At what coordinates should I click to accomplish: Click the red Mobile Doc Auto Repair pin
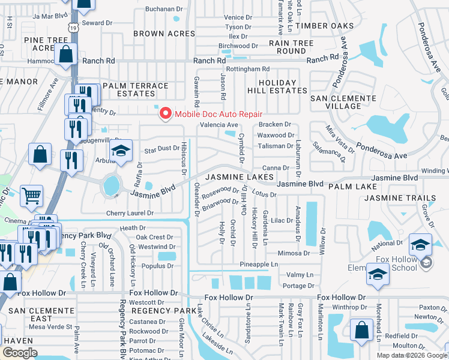(x=164, y=113)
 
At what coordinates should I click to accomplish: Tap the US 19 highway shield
(x=73, y=28)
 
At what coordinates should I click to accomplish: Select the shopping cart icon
(x=31, y=194)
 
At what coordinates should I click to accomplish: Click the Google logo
(x=19, y=353)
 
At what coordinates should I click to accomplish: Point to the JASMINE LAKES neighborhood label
(x=240, y=178)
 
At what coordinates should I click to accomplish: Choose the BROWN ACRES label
(x=164, y=34)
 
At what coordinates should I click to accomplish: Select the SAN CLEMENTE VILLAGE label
(x=343, y=102)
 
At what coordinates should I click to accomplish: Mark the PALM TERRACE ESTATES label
(x=136, y=90)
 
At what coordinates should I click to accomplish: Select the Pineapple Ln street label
(x=259, y=264)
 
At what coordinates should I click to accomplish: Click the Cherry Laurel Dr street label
(x=130, y=213)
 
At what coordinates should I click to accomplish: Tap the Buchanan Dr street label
(x=163, y=9)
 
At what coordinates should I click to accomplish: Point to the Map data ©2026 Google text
(x=412, y=355)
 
